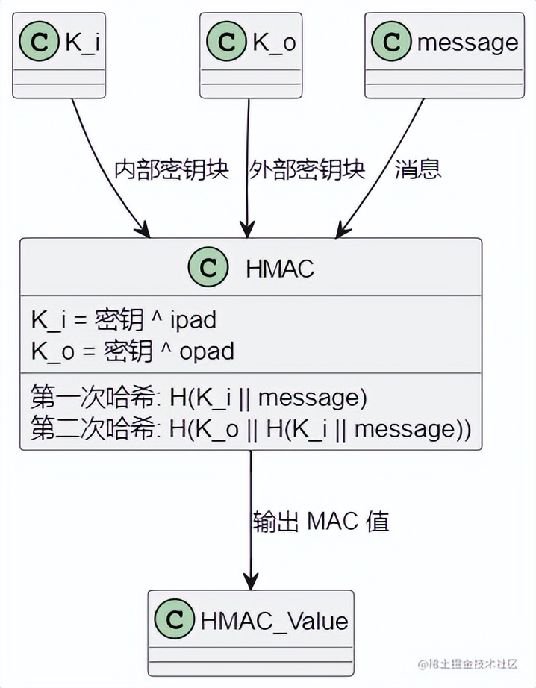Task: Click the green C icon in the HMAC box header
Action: [x=208, y=267]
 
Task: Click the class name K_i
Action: [x=82, y=42]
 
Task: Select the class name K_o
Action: [x=273, y=42]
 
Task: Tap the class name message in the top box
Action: [x=467, y=42]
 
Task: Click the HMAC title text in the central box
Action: [x=280, y=268]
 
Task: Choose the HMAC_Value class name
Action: [x=274, y=621]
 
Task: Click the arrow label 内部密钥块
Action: [x=171, y=169]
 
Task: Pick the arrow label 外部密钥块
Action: [x=308, y=169]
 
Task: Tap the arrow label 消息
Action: [x=418, y=169]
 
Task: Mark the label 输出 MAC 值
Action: [x=321, y=522]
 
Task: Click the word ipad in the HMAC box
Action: [x=193, y=320]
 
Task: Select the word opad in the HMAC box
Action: [x=206, y=351]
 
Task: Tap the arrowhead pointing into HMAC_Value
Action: [x=251, y=581]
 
